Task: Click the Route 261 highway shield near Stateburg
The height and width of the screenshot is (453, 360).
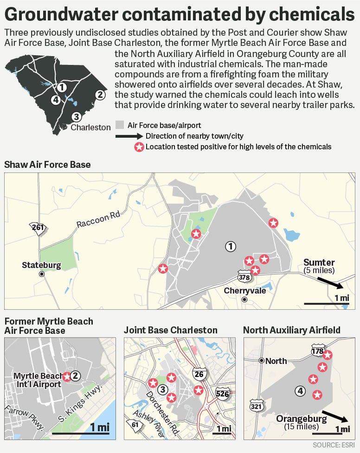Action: pos(36,227)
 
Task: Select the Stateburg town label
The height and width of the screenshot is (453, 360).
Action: pos(42,265)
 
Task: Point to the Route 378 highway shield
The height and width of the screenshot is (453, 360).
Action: pos(244,277)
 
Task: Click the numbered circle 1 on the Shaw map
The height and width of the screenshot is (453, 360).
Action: pos(230,246)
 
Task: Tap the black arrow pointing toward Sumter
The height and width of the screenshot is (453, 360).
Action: pos(329,281)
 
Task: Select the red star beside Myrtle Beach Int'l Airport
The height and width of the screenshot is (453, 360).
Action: pos(67,376)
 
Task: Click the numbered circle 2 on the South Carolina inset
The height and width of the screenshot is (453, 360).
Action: pos(99,95)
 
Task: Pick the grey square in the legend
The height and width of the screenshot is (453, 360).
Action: pos(120,125)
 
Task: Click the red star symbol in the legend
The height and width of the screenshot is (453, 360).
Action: pos(138,147)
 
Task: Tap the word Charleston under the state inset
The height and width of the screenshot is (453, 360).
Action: pos(90,127)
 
